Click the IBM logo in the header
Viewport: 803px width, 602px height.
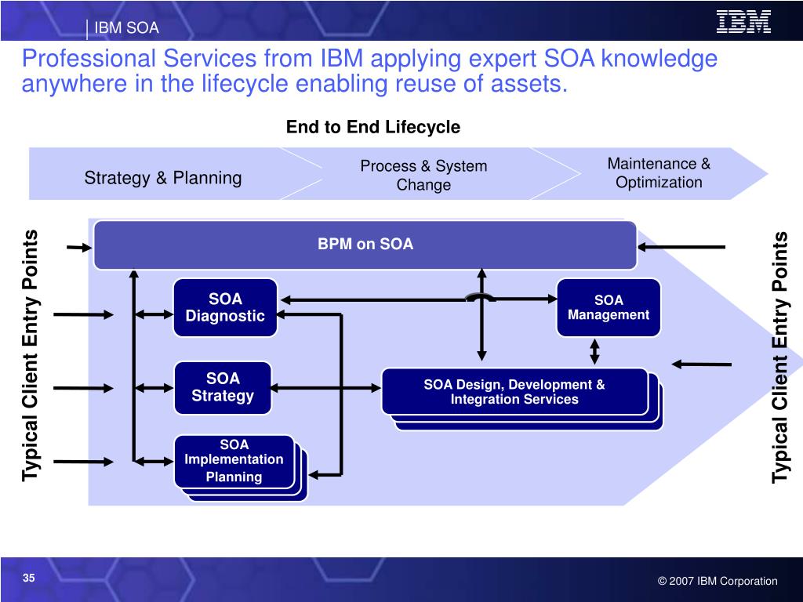tap(743, 22)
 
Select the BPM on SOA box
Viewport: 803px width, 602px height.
tap(365, 245)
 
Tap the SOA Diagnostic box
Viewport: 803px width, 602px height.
tap(225, 307)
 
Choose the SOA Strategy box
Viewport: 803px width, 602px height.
tap(223, 387)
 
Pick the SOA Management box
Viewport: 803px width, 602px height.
tap(609, 307)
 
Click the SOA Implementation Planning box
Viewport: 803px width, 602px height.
tap(234, 460)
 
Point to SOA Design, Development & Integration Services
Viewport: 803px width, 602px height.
tap(514, 391)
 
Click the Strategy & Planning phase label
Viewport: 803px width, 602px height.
tap(163, 178)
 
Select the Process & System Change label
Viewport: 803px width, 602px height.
tap(423, 175)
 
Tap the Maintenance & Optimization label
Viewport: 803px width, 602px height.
tap(659, 173)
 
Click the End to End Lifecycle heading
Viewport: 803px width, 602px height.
tap(372, 127)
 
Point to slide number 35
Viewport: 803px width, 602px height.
tap(29, 578)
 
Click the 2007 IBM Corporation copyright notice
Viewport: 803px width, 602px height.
tap(718, 581)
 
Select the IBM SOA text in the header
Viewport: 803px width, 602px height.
tap(126, 29)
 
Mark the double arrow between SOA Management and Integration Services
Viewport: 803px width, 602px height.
tap(594, 351)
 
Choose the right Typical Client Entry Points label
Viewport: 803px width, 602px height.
tap(780, 357)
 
